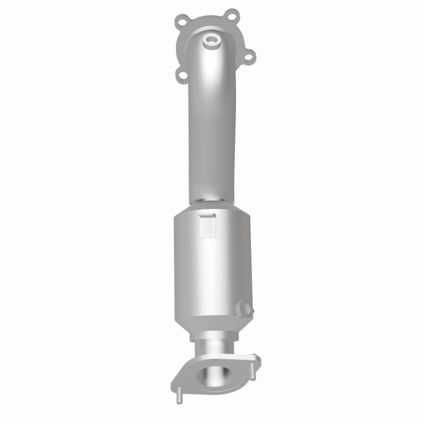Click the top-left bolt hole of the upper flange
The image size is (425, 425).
tap(182, 22)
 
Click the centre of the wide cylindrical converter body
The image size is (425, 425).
tap(212, 266)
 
